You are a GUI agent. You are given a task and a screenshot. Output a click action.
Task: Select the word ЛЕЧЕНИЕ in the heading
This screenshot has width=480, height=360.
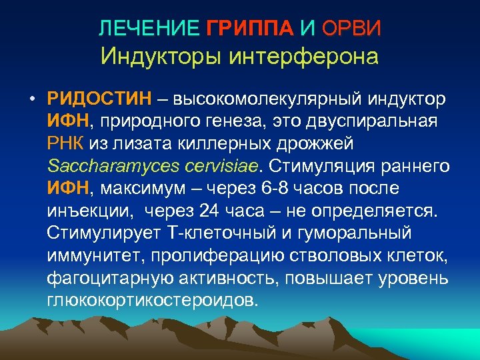click(149, 28)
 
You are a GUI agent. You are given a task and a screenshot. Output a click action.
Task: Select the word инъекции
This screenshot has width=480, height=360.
click(85, 211)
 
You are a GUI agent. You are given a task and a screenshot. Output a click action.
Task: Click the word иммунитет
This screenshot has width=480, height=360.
click(97, 255)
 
